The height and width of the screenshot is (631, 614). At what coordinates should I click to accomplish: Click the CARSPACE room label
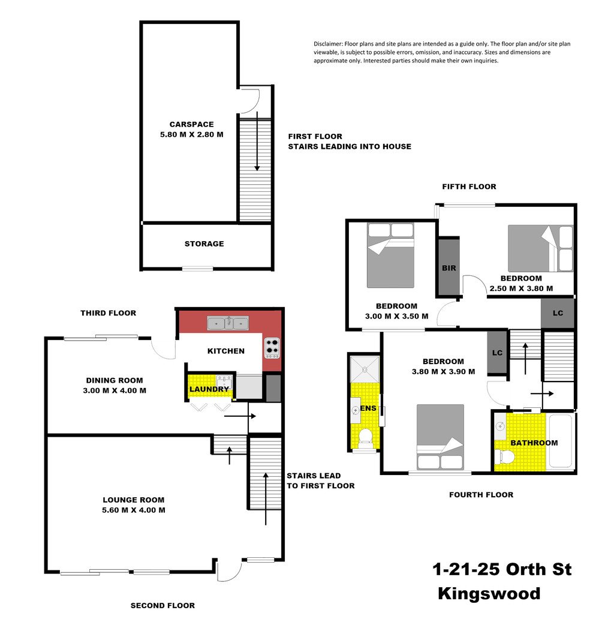coord(191,125)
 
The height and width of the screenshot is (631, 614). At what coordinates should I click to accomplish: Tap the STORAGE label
coord(204,244)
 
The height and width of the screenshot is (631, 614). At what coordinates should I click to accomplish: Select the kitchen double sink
coord(228,323)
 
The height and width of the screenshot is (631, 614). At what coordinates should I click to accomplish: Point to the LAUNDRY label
coord(209,389)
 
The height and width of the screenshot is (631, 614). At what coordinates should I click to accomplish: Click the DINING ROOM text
coord(114,380)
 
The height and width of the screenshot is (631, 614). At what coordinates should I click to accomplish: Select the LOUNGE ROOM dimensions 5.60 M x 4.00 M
coord(133,510)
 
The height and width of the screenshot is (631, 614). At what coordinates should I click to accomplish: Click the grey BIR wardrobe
coord(449,268)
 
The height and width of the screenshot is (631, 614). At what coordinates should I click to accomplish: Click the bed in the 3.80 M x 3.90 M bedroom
coord(440,437)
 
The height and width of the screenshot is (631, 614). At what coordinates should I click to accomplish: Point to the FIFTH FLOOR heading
coord(469,187)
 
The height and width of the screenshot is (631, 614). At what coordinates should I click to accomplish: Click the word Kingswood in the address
coord(489,594)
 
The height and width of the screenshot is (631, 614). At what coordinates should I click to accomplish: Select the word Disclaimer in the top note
coord(329,44)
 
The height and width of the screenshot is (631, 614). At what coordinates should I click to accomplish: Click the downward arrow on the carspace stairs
coord(257,144)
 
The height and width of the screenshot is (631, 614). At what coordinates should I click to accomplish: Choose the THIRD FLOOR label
coord(109,313)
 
